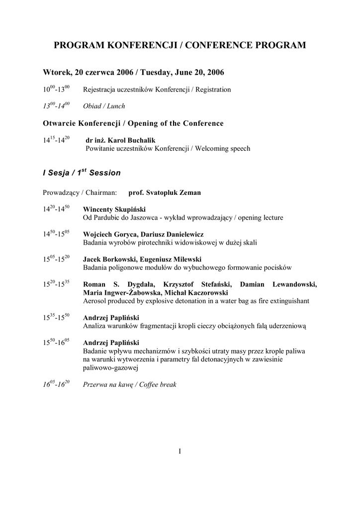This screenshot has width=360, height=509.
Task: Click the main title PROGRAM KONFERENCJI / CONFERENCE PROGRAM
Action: tap(180, 46)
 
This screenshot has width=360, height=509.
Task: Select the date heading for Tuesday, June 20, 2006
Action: tap(133, 73)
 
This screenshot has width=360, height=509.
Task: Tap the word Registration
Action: tap(215, 90)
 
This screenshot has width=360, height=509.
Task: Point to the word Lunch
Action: tap(117, 106)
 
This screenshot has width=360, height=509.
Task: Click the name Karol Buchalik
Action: tap(134, 141)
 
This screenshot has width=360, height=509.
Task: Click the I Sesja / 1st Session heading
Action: tap(82, 173)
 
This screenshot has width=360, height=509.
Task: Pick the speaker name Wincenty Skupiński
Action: tap(114, 210)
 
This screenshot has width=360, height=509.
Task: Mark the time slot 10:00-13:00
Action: tap(56, 90)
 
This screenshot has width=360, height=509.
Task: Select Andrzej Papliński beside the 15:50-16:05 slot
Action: tap(111, 342)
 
